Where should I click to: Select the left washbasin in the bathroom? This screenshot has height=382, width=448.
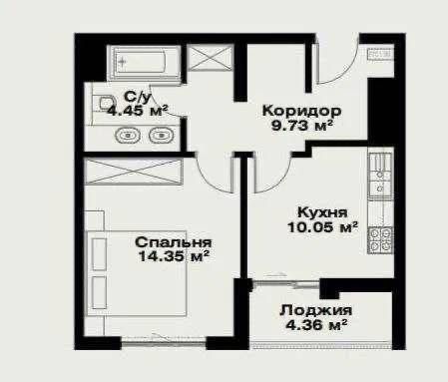pyautogui.click(x=128, y=136)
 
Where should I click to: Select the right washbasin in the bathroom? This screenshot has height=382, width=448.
pyautogui.click(x=160, y=136)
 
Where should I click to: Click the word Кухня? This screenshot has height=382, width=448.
pyautogui.click(x=321, y=212)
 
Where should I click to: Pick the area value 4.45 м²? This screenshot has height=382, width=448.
pyautogui.click(x=136, y=111)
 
